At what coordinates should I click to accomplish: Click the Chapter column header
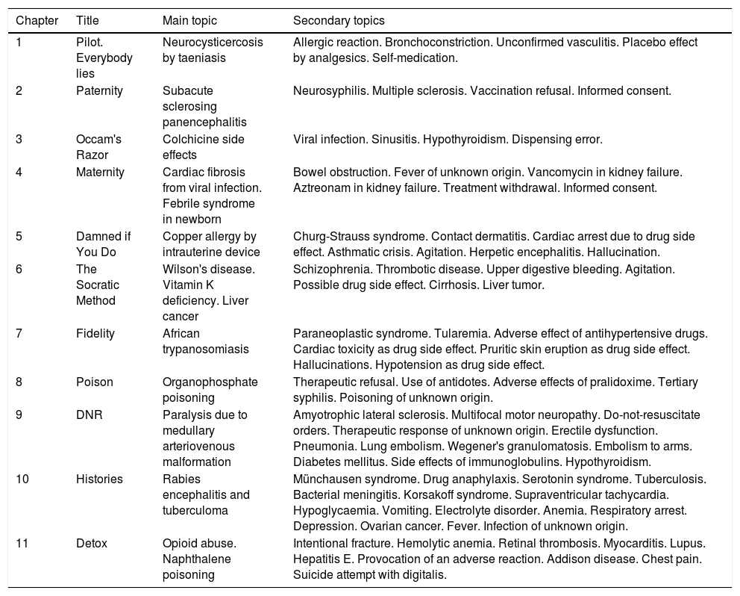pyautogui.click(x=37, y=19)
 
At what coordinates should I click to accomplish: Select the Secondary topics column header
pyautogui.click(x=339, y=19)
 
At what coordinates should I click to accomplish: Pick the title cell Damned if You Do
pyautogui.click(x=103, y=244)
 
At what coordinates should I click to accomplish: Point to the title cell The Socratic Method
pyautogui.click(x=97, y=285)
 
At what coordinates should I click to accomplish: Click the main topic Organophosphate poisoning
pyautogui.click(x=210, y=390)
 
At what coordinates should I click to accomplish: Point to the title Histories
pyautogui.click(x=99, y=479)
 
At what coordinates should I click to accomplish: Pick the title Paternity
pyautogui.click(x=99, y=91)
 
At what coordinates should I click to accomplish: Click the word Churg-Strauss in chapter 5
pyautogui.click(x=328, y=236)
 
